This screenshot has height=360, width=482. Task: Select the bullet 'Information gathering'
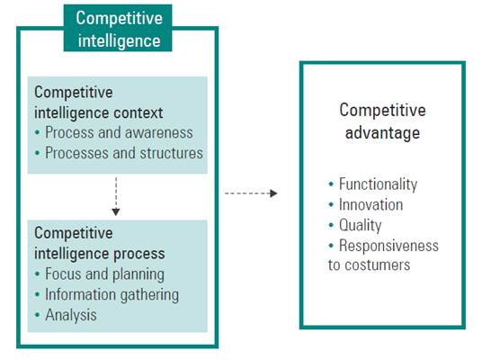click(112, 294)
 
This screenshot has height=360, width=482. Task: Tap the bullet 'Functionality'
click(377, 184)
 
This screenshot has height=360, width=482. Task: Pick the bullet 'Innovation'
click(370, 204)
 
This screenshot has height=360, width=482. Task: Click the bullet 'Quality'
click(360, 225)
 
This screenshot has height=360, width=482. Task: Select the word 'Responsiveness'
click(388, 246)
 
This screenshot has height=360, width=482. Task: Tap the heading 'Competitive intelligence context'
click(99, 103)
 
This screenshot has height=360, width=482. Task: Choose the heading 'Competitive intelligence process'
click(99, 244)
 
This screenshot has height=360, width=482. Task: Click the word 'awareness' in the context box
click(161, 133)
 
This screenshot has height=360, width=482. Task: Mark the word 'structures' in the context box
click(170, 153)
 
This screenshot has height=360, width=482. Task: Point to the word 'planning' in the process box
click(138, 274)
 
